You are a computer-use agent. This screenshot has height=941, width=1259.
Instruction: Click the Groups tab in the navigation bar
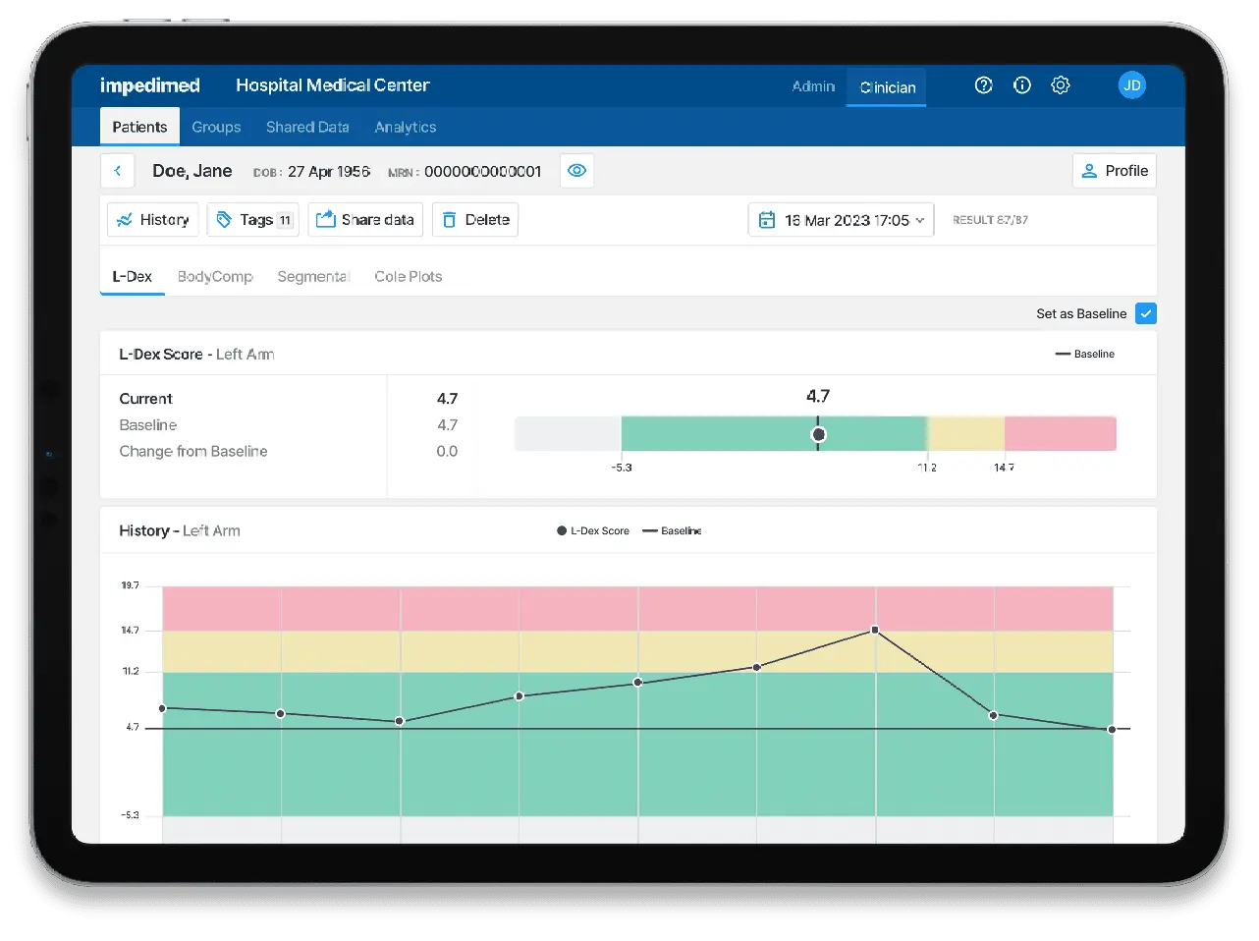[x=216, y=127]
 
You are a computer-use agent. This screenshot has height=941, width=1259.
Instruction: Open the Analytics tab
[x=405, y=127]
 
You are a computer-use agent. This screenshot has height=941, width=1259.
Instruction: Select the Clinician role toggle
[x=887, y=87]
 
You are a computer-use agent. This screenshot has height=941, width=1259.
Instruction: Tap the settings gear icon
[x=1060, y=85]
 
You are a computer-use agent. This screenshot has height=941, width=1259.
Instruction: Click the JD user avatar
[x=1131, y=85]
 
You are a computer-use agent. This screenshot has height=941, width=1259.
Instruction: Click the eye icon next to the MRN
[x=576, y=171]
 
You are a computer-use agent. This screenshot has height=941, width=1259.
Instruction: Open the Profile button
[x=1114, y=171]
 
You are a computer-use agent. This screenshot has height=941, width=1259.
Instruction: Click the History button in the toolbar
[x=153, y=220]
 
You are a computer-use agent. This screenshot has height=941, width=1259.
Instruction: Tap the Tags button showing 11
[x=253, y=220]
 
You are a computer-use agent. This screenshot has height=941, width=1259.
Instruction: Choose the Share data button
[x=365, y=220]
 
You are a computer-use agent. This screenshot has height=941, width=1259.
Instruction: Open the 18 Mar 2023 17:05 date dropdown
[x=841, y=220]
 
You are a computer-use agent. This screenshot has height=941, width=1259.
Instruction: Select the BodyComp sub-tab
[x=215, y=277]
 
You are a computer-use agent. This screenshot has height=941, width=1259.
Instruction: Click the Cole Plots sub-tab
[x=408, y=277]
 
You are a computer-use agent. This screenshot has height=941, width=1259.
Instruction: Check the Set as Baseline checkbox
[x=1145, y=313]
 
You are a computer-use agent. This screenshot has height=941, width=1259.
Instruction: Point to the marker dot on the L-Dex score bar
[x=818, y=434]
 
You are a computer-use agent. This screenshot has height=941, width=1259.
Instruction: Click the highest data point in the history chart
[x=874, y=630]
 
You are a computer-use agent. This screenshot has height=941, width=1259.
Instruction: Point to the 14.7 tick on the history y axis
[x=131, y=631]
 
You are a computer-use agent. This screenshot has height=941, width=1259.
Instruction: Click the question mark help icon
[x=983, y=85]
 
